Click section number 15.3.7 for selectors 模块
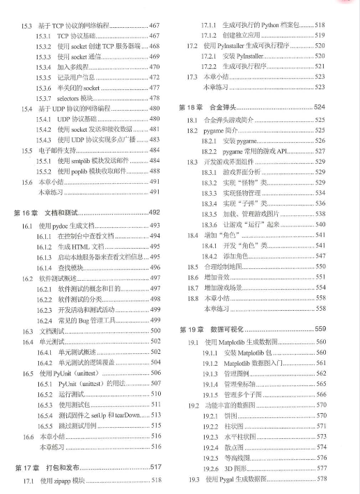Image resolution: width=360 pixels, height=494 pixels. (46, 98)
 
